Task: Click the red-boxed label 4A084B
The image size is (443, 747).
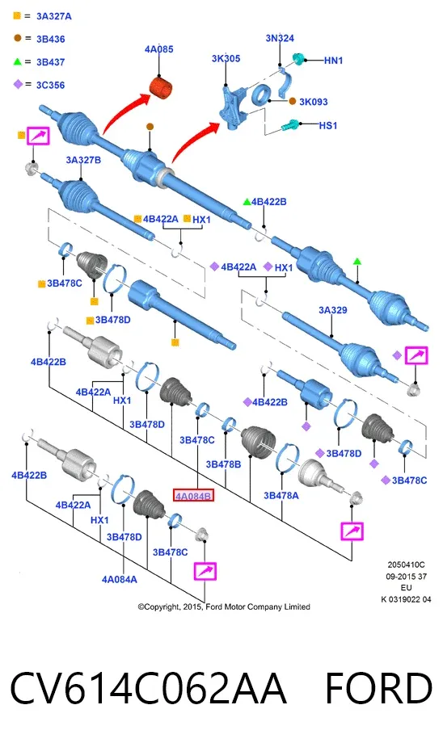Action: pyautogui.click(x=193, y=496)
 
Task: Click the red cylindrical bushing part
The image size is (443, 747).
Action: pyautogui.click(x=161, y=88)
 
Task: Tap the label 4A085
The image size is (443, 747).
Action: pyautogui.click(x=158, y=49)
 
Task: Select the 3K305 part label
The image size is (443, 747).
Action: pyautogui.click(x=226, y=59)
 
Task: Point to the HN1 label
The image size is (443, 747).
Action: pyautogui.click(x=333, y=61)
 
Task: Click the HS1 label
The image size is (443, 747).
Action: pyautogui.click(x=328, y=125)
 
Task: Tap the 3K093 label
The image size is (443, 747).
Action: pyautogui.click(x=314, y=102)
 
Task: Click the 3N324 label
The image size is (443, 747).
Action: pyautogui.click(x=280, y=38)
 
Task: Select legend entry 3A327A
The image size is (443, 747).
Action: pyautogui.click(x=54, y=16)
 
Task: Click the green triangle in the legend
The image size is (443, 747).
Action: pyautogui.click(x=17, y=61)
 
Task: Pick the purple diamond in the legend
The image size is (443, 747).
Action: pyautogui.click(x=18, y=84)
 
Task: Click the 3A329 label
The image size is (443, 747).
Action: pyautogui.click(x=333, y=310)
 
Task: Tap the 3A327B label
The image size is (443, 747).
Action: pyautogui.click(x=83, y=160)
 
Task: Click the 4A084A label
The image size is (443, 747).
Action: pyautogui.click(x=119, y=579)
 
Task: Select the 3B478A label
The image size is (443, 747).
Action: pyautogui.click(x=281, y=496)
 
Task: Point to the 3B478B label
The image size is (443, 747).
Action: pyautogui.click(x=223, y=464)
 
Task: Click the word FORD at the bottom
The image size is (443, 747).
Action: pyautogui.click(x=378, y=688)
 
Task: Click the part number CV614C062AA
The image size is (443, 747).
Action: pyautogui.click(x=148, y=688)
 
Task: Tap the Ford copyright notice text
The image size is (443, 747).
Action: pyautogui.click(x=224, y=607)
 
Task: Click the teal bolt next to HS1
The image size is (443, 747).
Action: pyautogui.click(x=290, y=125)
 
